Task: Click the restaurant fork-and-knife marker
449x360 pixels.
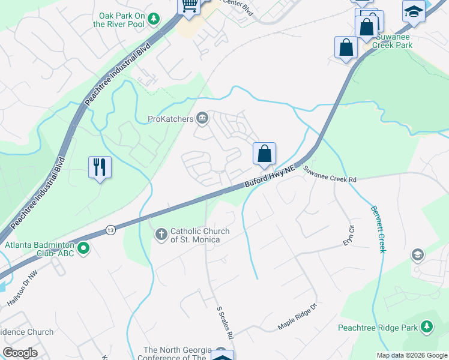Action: [100, 166]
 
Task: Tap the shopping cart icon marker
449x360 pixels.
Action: [189, 6]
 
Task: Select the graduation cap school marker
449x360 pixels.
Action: [414, 12]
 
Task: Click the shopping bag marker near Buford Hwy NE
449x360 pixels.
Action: [264, 154]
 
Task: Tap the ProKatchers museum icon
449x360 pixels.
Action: [202, 119]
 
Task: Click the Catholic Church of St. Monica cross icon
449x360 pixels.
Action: [161, 234]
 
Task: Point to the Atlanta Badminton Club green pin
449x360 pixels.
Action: [83, 247]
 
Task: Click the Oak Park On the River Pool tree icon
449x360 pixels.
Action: [154, 19]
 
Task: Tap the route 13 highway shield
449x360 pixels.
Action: [110, 229]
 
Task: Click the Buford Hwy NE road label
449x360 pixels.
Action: [271, 179]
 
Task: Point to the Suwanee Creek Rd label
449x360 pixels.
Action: [330, 175]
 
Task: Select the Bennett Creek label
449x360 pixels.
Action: [378, 230]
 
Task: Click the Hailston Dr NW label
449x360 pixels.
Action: [22, 290]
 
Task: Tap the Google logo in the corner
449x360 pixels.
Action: [20, 353]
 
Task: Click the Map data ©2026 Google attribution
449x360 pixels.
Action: [411, 355]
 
